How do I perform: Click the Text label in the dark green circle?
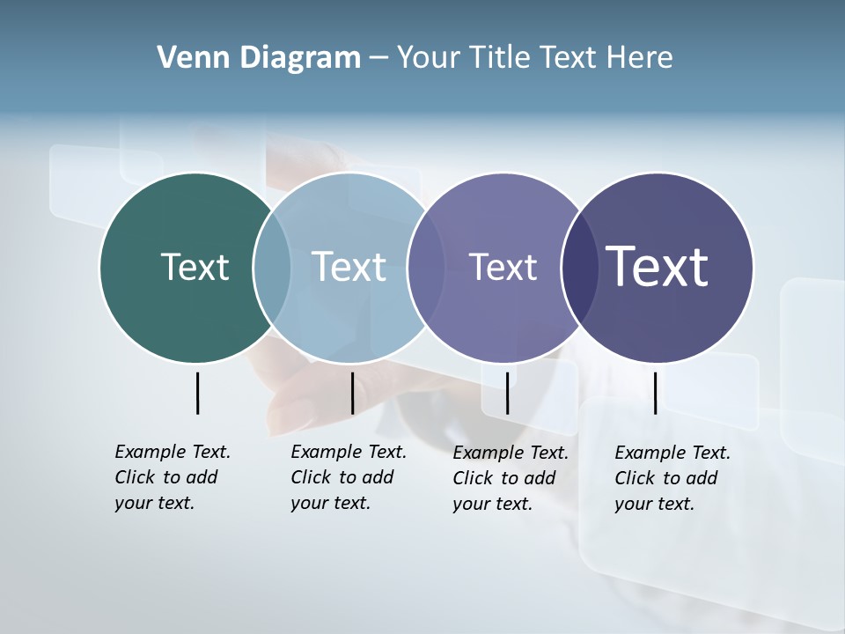point(195,267)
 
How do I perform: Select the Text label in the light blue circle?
point(349,267)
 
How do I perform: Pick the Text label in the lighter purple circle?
point(503,267)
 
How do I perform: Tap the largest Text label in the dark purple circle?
point(657,267)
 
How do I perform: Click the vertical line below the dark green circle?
point(197,393)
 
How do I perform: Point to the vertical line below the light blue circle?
point(352,393)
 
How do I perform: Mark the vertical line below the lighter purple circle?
point(507,393)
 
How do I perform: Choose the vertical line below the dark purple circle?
point(655,393)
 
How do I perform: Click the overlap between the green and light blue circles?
point(272,267)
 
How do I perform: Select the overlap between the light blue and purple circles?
point(425,267)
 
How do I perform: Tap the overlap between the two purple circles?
point(578,267)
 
